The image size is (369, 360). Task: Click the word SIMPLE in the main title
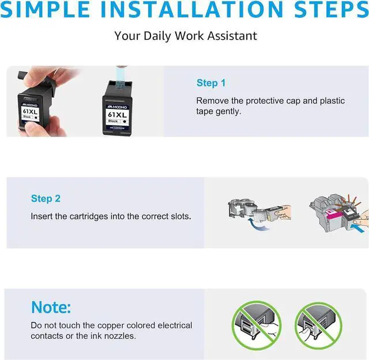click(45, 9)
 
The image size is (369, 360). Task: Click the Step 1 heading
click(211, 83)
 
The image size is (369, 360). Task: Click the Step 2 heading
click(46, 199)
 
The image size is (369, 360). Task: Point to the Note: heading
click(51, 307)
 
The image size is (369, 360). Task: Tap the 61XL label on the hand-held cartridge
click(30, 111)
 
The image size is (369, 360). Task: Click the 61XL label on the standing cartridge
click(117, 115)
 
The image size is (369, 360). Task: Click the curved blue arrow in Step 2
click(257, 225)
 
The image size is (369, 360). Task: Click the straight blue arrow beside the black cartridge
click(357, 228)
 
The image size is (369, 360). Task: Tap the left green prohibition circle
click(256, 325)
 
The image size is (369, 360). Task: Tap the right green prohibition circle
click(318, 325)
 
